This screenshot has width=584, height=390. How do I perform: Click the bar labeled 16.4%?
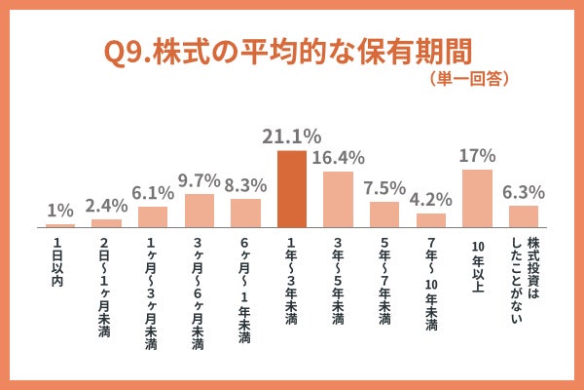point(338,198)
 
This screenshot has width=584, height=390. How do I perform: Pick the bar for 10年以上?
point(477,197)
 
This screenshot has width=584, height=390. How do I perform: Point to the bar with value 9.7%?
point(199,210)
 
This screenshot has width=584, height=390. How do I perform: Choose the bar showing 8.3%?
point(245,212)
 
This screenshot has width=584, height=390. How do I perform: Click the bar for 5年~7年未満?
point(383,214)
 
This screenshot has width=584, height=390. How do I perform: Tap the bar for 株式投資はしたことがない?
point(524,215)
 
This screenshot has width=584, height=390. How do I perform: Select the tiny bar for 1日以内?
point(60,224)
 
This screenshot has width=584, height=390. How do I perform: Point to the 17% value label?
point(477,156)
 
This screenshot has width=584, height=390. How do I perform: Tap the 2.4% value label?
point(106,206)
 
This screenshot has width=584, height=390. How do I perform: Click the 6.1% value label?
point(153,193)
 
